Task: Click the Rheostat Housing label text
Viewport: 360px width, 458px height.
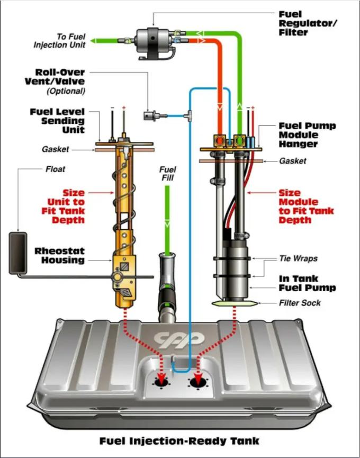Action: point(60,255)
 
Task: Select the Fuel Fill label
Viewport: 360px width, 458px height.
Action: point(167,173)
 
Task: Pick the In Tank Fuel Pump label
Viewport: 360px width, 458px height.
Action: point(307,283)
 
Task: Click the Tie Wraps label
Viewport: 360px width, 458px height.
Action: point(298,259)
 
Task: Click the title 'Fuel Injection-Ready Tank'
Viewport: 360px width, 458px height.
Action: point(179,441)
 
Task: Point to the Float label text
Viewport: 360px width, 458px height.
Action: point(55,169)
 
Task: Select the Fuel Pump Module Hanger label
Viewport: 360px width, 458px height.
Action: point(307,135)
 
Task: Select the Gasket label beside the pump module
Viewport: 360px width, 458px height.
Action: point(292,160)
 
